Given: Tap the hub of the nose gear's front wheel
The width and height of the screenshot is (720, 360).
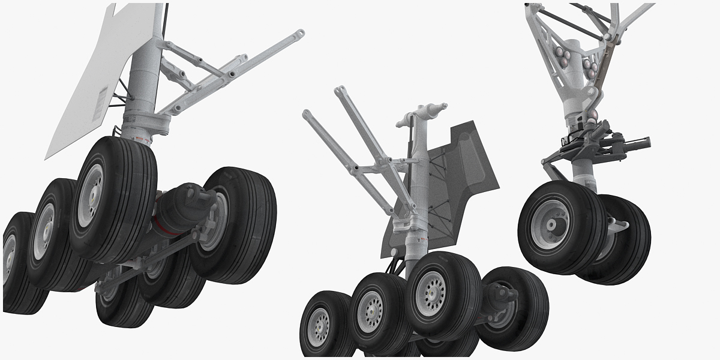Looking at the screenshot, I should [x=550, y=225].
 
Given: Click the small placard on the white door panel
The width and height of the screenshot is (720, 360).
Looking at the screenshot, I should [x=103, y=100].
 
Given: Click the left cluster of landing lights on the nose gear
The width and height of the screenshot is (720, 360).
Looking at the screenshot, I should [x=563, y=55].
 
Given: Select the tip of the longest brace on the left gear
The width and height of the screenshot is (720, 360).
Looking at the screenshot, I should [x=298, y=35].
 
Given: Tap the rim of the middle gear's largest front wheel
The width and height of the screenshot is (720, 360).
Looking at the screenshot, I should [x=431, y=293].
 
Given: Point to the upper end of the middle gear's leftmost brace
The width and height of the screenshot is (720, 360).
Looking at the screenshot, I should [x=307, y=114].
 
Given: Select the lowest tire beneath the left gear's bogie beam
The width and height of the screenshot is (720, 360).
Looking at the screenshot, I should [x=123, y=306].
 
